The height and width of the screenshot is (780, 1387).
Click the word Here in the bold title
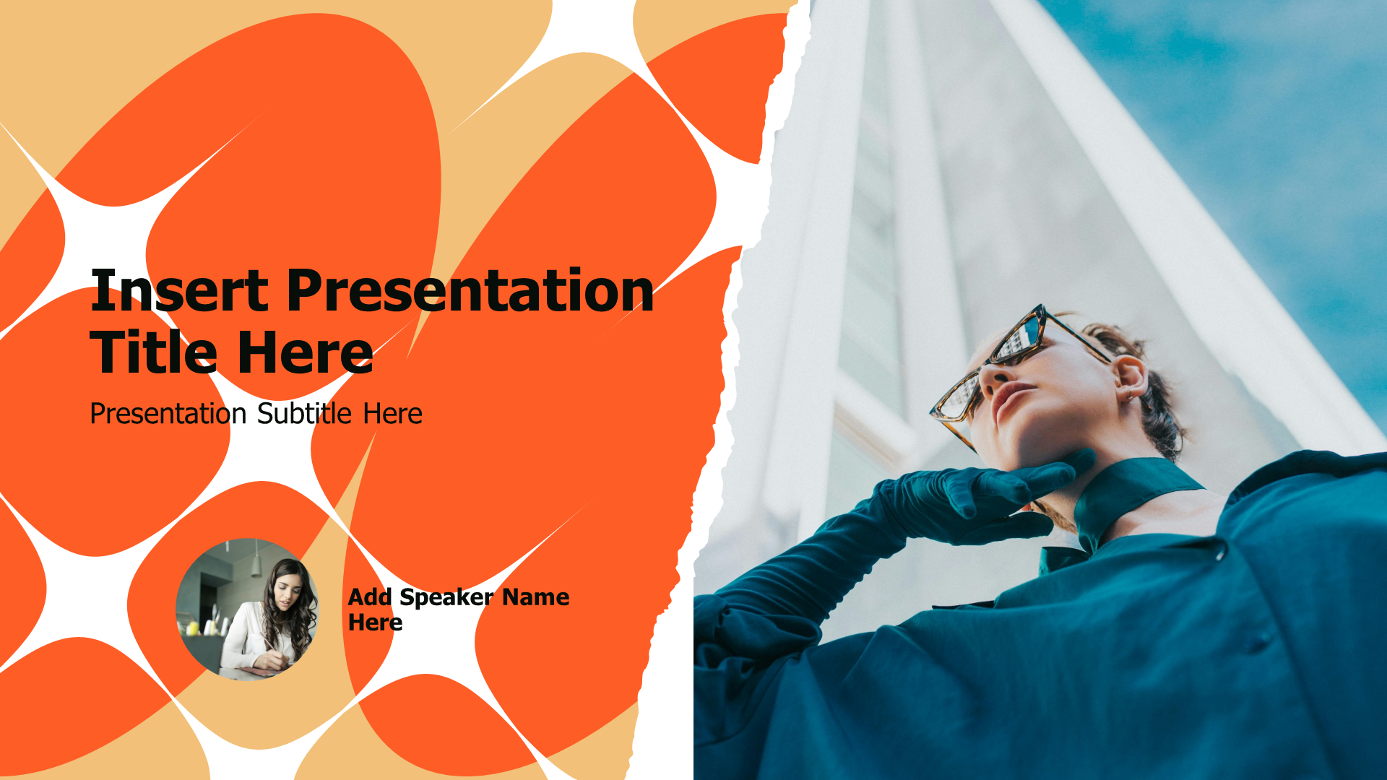pos(305,352)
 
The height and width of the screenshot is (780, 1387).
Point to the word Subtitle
pos(304,414)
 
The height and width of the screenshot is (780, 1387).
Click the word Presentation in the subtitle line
pos(168,414)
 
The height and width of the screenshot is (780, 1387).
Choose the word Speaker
pos(446,597)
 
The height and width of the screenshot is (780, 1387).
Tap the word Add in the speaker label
pos(370,597)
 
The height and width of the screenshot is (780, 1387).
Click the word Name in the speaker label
pos(535,597)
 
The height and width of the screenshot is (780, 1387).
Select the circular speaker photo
pos(247,609)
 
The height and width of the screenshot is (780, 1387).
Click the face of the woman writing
pos(287,597)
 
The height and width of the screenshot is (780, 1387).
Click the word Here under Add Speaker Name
pos(375,623)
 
